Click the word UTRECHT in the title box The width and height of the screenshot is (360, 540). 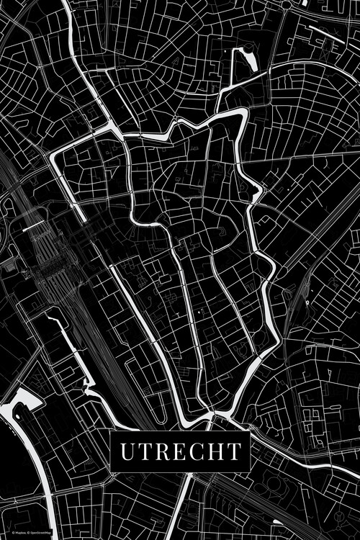[x=180, y=451]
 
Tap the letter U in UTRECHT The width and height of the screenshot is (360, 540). [x=127, y=451]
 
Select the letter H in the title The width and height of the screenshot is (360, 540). [x=213, y=451]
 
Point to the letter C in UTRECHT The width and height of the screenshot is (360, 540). [x=194, y=451]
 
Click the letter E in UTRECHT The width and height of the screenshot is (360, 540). [x=177, y=451]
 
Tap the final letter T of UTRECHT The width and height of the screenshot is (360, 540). [x=233, y=451]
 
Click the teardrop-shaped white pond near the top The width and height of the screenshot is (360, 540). [x=244, y=60]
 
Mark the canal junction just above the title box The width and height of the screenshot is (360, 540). [x=211, y=415]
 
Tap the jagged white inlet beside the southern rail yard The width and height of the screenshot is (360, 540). [x=90, y=385]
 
